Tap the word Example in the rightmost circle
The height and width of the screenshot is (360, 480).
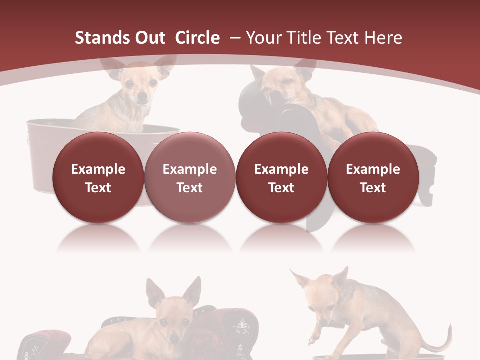coord(373,169)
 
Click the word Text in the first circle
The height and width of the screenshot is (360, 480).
coord(98,188)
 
